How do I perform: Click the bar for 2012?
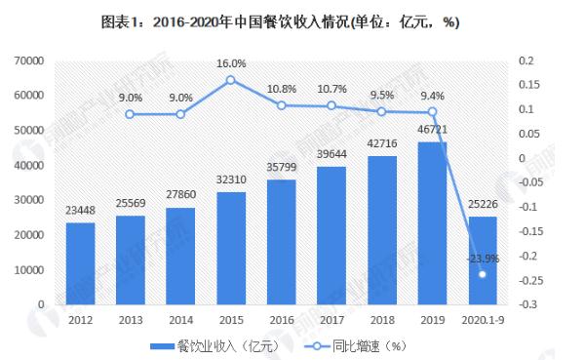80,263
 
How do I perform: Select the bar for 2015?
232,248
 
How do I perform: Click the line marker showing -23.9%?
482,274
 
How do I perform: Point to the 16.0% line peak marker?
231,80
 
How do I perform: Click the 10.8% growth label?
283,90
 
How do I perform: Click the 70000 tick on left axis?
32,60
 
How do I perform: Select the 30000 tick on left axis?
32,200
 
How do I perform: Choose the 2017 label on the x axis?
332,318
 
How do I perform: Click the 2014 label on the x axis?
181,318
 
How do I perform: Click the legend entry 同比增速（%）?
351,346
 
